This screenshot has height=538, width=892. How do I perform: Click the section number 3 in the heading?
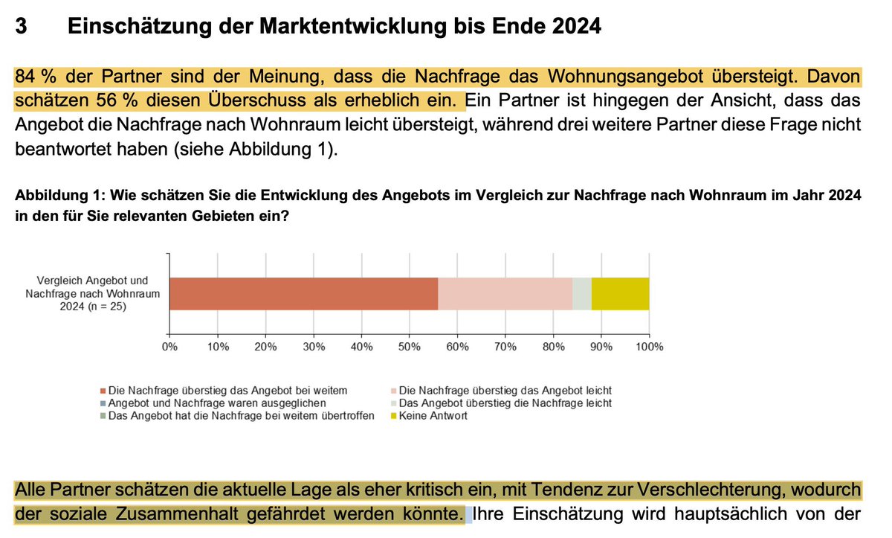(22, 27)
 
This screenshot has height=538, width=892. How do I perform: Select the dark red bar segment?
(303, 293)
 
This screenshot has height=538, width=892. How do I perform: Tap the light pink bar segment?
(505, 293)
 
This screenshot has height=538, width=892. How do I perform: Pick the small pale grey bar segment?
(581, 293)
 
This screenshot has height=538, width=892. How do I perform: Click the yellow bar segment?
(620, 293)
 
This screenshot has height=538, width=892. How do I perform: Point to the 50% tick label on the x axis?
(410, 347)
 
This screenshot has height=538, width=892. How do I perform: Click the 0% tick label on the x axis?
(169, 347)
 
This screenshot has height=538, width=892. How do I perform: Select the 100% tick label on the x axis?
(649, 347)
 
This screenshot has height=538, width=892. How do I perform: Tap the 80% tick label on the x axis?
(553, 347)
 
